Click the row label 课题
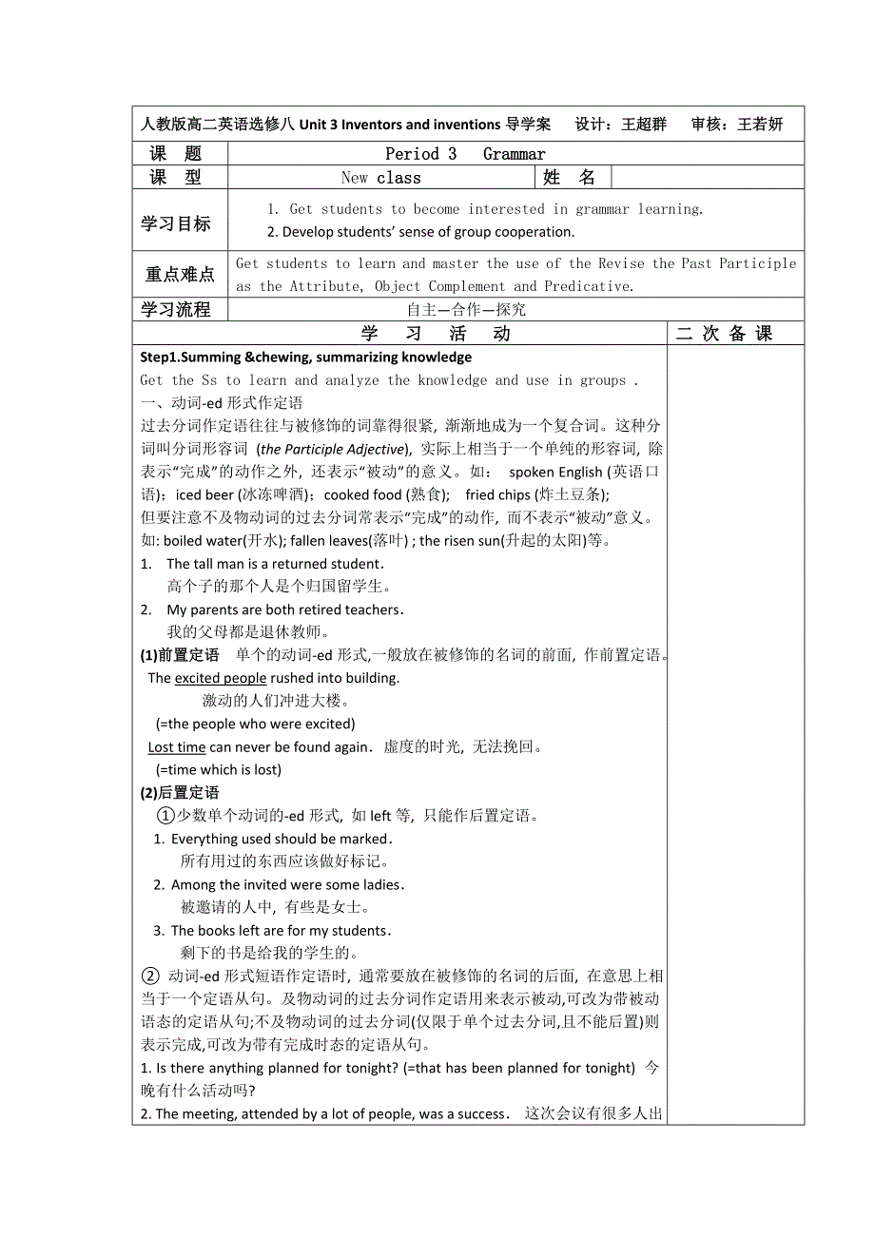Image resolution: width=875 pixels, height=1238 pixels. (176, 154)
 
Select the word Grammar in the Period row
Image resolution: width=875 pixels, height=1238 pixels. (514, 154)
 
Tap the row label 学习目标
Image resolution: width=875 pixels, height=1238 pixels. (176, 224)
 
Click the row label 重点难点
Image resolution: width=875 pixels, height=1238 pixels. (180, 275)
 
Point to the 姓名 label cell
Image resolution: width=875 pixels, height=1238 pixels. (569, 178)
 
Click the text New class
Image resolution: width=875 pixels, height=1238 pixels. (380, 178)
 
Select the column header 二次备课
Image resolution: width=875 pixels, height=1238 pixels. (724, 334)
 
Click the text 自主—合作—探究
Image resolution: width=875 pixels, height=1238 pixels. (466, 309)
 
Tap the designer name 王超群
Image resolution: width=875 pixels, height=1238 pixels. (644, 125)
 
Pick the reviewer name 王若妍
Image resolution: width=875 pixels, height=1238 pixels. (760, 125)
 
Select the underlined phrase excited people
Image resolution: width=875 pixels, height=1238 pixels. (221, 678)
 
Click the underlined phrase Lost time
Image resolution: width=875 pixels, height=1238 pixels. (177, 747)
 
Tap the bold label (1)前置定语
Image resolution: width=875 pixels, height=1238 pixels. (180, 655)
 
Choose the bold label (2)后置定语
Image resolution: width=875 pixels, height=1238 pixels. (180, 793)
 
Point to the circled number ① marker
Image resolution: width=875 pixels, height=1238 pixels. (165, 816)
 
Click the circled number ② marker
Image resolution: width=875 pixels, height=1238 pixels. (149, 977)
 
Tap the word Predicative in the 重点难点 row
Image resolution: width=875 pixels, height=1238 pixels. (588, 286)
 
